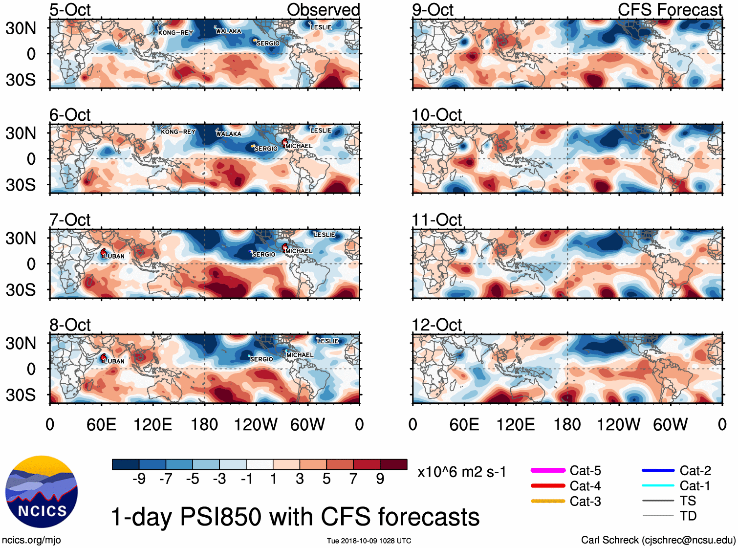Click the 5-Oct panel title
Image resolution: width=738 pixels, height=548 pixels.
(70, 10)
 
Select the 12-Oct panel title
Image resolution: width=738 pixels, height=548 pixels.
(436, 325)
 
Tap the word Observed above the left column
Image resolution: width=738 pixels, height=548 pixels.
(323, 10)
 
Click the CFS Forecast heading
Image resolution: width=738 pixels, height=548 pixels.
(670, 10)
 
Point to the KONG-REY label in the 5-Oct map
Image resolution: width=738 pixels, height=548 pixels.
(175, 33)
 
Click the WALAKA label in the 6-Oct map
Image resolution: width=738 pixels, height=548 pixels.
(229, 133)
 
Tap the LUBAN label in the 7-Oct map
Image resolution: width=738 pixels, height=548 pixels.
(114, 256)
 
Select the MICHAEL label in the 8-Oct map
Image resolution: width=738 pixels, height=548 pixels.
(300, 355)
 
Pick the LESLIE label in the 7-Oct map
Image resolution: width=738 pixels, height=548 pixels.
(324, 235)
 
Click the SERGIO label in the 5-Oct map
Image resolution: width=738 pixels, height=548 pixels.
(268, 44)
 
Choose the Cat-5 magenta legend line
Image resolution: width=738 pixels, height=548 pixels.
(548, 470)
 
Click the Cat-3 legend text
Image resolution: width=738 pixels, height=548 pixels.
(585, 502)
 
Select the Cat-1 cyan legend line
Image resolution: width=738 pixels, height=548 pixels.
(658, 485)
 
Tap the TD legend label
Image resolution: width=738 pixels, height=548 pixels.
(688, 516)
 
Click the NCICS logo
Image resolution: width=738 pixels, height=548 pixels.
(42, 492)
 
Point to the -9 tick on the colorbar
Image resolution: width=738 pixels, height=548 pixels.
(139, 479)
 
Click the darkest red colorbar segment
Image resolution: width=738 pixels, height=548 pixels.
(393, 464)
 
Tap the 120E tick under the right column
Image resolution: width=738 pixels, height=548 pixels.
(516, 424)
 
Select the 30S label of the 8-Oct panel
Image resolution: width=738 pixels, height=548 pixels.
(21, 395)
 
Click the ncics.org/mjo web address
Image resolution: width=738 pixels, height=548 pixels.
(31, 540)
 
